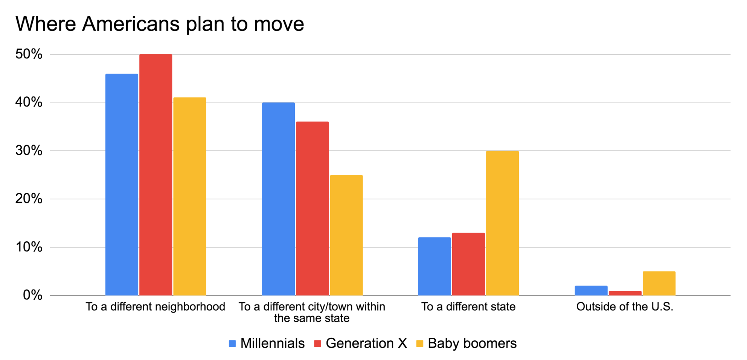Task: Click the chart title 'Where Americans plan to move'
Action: tap(160, 24)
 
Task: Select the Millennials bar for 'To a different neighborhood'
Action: tap(122, 185)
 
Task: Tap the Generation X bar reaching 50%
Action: tap(155, 175)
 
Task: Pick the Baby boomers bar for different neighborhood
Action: tap(189, 196)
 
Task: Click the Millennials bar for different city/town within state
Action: tap(278, 199)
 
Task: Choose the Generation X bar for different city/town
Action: tap(312, 208)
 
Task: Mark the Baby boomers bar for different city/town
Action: tap(346, 235)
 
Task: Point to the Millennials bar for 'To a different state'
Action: tap(434, 266)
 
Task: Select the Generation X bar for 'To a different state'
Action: tap(468, 264)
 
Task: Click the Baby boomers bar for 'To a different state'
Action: tap(502, 223)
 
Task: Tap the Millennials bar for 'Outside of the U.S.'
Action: tap(591, 290)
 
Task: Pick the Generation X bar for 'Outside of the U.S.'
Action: tap(625, 293)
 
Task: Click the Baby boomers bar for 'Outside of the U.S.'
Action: tap(659, 283)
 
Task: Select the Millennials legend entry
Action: tap(267, 343)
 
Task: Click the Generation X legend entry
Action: tap(360, 343)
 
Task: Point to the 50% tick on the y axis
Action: tap(29, 54)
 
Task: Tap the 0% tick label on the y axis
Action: tap(32, 295)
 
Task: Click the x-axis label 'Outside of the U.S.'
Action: tap(625, 307)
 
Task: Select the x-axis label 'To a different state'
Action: tap(468, 307)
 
